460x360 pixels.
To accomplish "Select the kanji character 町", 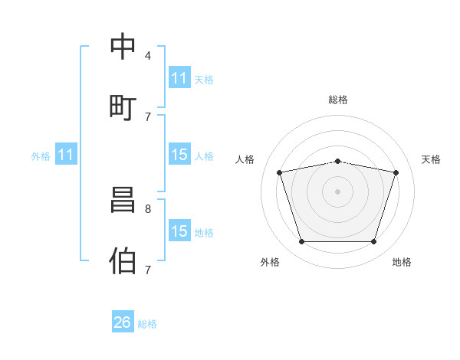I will click(x=123, y=106).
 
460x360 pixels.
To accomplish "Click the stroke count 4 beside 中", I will click(x=148, y=56).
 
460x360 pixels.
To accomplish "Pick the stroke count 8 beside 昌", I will click(x=148, y=208).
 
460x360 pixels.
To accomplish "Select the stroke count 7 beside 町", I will click(x=148, y=116).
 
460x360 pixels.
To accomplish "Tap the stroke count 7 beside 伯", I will click(x=148, y=270).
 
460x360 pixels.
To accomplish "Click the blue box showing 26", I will click(x=123, y=322).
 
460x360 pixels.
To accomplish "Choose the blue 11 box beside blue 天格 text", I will click(x=179, y=78).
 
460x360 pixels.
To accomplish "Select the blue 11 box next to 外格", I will click(x=66, y=155).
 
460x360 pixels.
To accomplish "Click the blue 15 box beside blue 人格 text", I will click(x=179, y=155).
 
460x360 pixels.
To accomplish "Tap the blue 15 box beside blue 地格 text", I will click(x=179, y=231).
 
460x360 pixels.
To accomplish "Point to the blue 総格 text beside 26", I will click(x=148, y=324).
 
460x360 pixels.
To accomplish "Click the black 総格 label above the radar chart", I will click(x=338, y=100).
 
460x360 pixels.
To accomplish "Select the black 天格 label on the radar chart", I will click(x=432, y=159).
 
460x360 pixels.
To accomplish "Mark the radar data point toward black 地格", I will click(x=374, y=242).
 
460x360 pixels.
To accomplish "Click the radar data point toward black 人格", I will click(x=280, y=172).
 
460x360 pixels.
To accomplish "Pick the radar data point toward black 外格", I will click(x=301, y=242).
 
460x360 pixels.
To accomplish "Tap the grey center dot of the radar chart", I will click(x=337, y=191).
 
